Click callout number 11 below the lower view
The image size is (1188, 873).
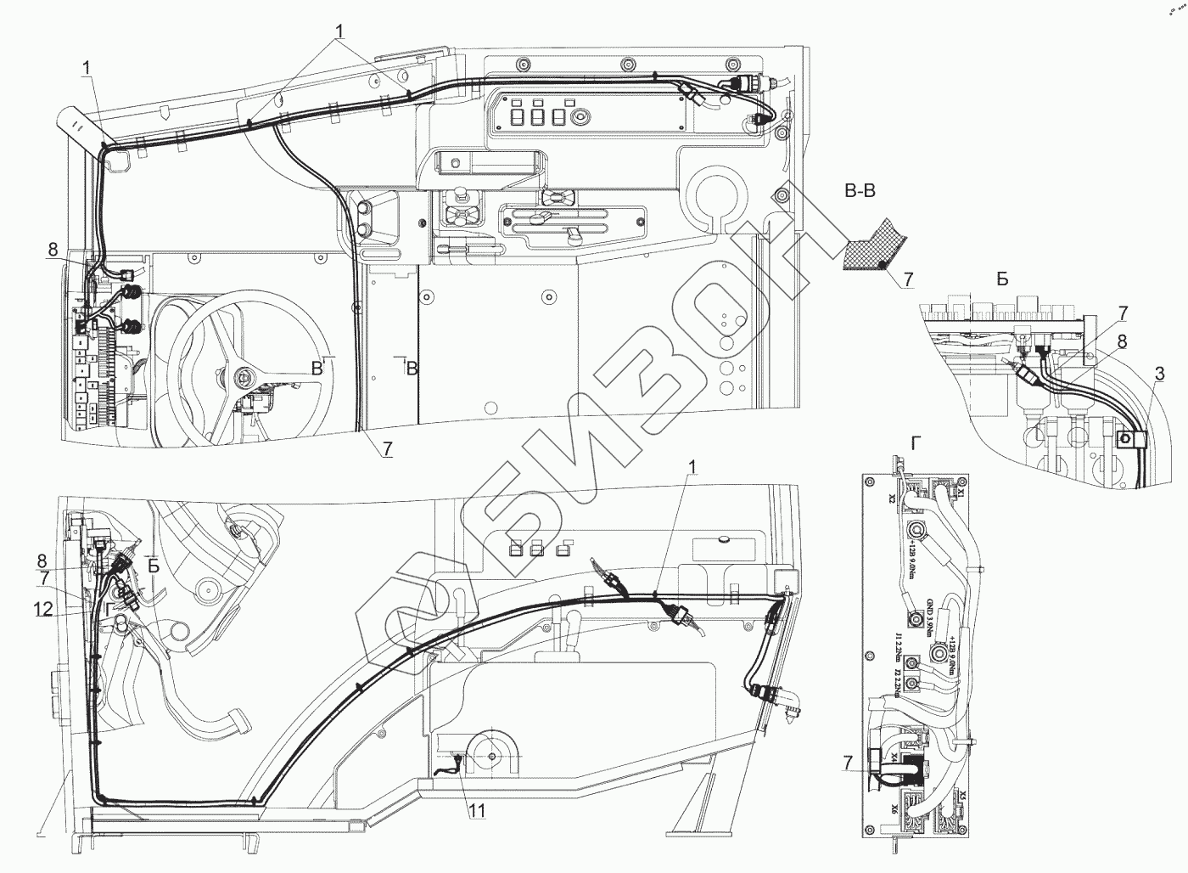[478, 811]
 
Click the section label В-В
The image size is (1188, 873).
[860, 192]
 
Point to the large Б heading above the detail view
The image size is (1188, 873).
[1003, 279]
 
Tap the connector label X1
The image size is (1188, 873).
[961, 490]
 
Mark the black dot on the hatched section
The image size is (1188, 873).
[883, 267]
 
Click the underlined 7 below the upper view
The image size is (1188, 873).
[387, 451]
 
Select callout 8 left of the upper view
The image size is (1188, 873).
[53, 250]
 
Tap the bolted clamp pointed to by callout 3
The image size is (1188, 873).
[1129, 439]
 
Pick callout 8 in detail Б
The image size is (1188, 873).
[1122, 342]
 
